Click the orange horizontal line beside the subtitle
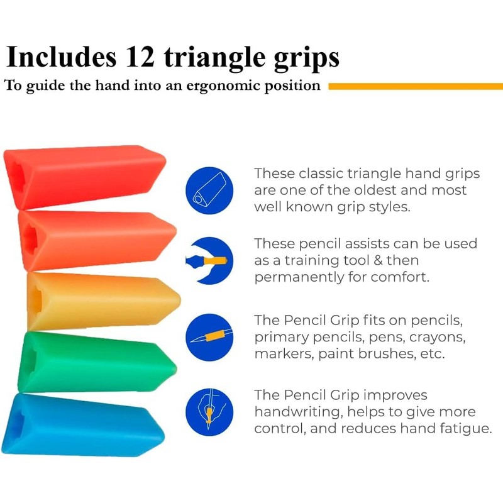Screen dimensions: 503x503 pos(415,86)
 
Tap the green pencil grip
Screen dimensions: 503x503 pos(94,362)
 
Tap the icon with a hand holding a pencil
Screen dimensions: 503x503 pos(210,411)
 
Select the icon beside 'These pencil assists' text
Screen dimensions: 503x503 pos(210,260)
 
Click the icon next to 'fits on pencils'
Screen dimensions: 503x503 pos(210,337)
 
